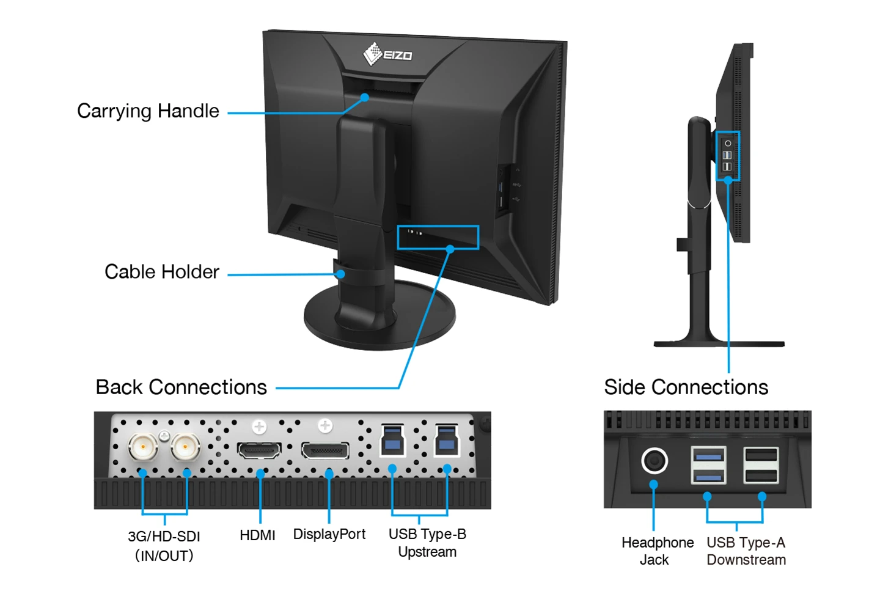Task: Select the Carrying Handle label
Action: coord(148,111)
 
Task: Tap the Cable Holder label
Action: coord(161,272)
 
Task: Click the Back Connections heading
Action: coord(181,387)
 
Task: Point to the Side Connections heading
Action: coord(686,387)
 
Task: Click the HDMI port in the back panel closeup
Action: coord(260,451)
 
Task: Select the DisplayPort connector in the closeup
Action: coord(325,452)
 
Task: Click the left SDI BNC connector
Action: coord(143,448)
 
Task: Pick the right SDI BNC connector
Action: coord(185,448)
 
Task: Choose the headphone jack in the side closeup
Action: coord(654,461)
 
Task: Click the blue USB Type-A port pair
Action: coord(708,465)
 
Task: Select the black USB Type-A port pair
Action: coord(761,465)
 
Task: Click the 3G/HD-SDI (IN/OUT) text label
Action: coord(164,546)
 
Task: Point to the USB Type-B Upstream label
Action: coord(427,543)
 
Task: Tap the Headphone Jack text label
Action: coord(657,551)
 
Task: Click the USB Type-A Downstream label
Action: coord(746,551)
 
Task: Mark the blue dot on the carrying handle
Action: coord(364,97)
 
